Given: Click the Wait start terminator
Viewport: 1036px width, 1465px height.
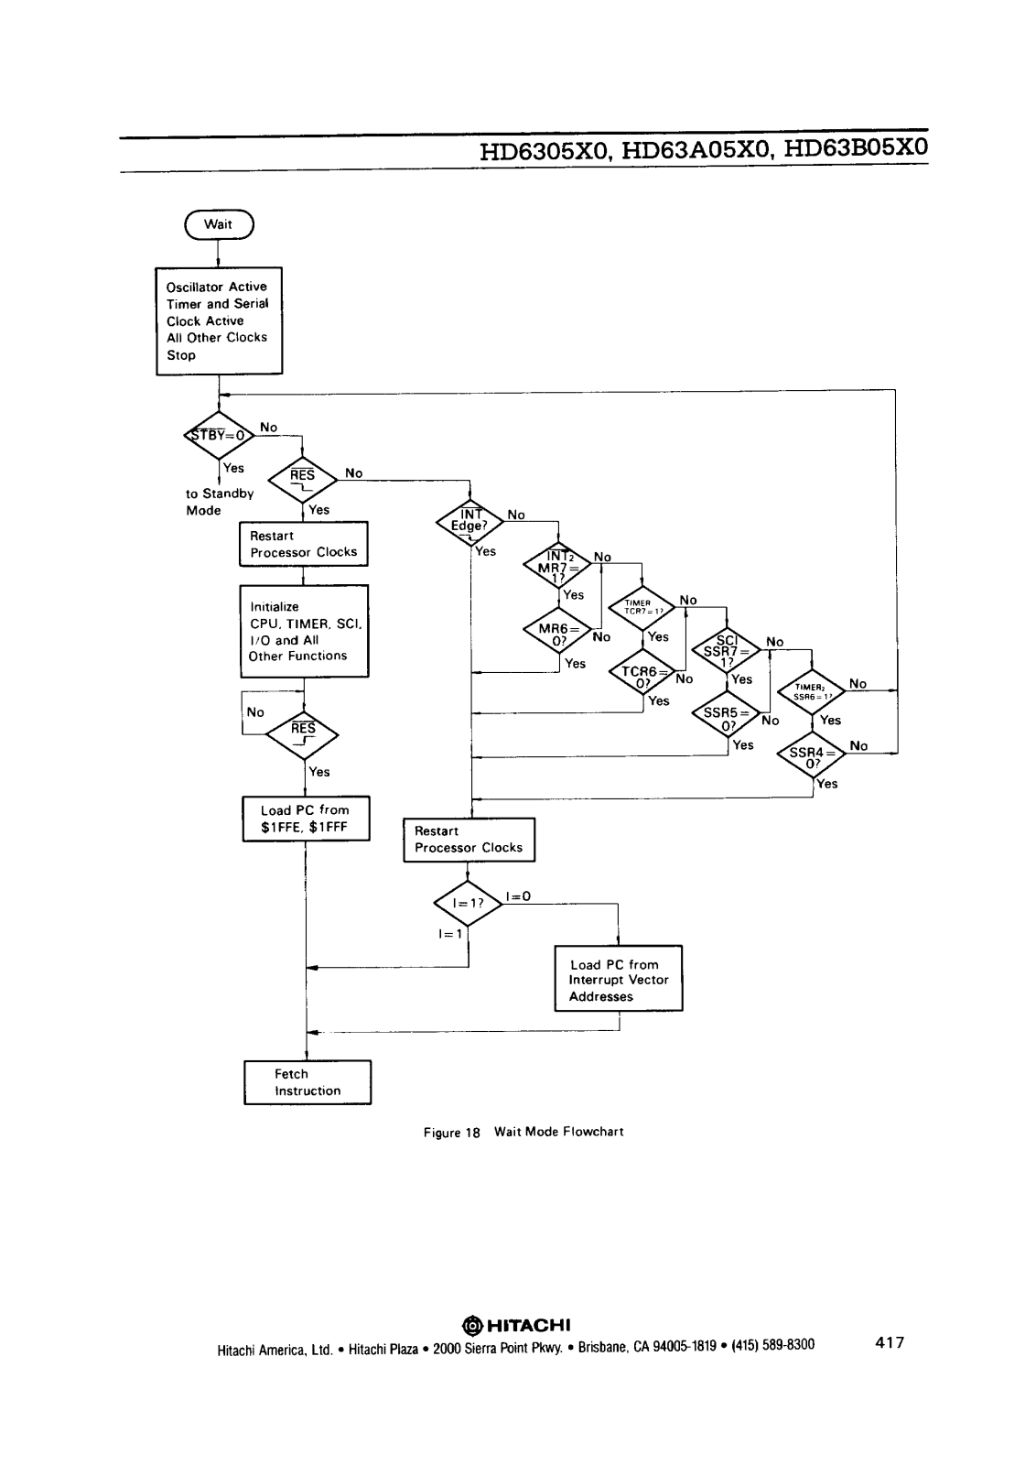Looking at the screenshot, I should point(219,224).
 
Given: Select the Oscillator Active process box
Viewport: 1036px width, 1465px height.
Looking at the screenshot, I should point(219,320).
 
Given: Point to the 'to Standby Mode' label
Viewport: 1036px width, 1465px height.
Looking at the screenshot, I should point(219,502).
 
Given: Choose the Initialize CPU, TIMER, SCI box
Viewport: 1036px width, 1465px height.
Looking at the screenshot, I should point(304,631).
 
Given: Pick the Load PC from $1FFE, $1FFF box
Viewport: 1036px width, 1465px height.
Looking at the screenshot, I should point(305,819).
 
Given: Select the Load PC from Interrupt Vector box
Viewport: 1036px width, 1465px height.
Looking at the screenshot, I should point(619,979).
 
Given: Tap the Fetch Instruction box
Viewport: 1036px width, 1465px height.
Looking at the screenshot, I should point(308,1082).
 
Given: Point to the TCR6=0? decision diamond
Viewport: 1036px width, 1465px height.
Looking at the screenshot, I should point(642,677).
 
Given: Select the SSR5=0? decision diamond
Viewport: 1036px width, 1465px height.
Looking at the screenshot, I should point(727,719).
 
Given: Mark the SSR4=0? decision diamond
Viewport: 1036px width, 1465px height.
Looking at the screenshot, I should point(812,757).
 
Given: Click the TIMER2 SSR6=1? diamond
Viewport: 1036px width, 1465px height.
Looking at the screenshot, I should point(812,691).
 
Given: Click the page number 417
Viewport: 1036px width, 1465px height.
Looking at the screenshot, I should point(890,1343).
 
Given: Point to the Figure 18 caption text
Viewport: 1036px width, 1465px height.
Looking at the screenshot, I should point(523,1132).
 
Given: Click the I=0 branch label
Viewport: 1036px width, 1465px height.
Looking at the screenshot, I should point(518,896).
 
